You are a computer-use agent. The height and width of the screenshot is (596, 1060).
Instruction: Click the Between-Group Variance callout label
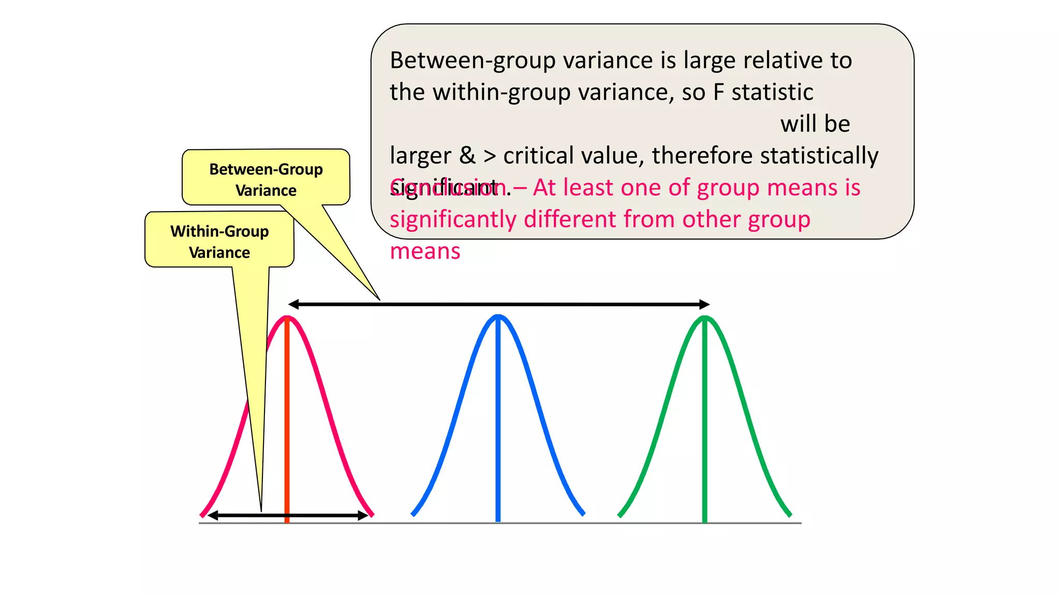pyautogui.click(x=266, y=180)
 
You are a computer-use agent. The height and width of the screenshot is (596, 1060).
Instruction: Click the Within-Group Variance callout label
pyautogui.click(x=219, y=242)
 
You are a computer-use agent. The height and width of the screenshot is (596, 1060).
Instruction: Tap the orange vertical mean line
pyautogui.click(x=287, y=424)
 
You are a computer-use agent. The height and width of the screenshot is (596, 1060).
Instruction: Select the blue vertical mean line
pyautogui.click(x=498, y=424)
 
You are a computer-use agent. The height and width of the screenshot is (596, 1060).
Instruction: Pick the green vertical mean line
pyautogui.click(x=704, y=424)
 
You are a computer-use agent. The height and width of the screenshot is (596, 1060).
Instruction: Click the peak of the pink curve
pyautogui.click(x=287, y=318)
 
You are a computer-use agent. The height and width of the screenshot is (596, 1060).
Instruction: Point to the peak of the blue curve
pyautogui.click(x=498, y=316)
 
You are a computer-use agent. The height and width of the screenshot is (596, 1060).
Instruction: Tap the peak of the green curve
pyautogui.click(x=704, y=318)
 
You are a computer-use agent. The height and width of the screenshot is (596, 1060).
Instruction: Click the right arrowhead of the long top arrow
pyautogui.click(x=704, y=305)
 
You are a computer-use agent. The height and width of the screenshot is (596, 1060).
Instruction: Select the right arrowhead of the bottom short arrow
pyautogui.click(x=363, y=515)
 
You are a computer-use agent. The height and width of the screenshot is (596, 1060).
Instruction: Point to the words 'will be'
pyautogui.click(x=815, y=124)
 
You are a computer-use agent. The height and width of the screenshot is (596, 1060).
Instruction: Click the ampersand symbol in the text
pyautogui.click(x=467, y=155)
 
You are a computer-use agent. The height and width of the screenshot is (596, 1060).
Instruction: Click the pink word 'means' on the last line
pyautogui.click(x=425, y=251)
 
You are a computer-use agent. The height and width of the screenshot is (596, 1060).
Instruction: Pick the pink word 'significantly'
pyautogui.click(x=453, y=219)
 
